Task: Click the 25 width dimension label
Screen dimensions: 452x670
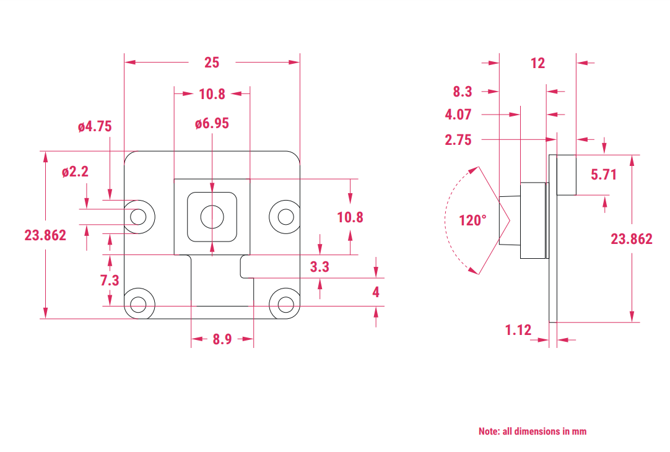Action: [x=212, y=63]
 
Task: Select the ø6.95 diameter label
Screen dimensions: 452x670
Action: [x=212, y=124]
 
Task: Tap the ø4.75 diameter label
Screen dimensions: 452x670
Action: [x=95, y=127]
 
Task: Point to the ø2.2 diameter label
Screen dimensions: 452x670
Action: [x=75, y=172]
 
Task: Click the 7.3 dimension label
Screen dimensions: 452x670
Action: [x=110, y=280]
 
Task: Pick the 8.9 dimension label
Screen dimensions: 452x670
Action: [x=222, y=339]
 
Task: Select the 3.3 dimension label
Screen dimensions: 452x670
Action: [x=320, y=267]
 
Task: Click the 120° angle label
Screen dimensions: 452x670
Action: [x=472, y=220]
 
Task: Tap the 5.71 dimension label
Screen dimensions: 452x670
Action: [x=604, y=175]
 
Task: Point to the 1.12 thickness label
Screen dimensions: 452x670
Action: [x=518, y=330]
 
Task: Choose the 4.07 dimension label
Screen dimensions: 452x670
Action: [x=458, y=115]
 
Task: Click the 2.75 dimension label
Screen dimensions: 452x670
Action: [x=458, y=140]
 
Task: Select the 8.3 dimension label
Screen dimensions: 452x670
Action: [x=463, y=92]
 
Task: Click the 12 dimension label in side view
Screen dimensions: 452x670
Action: [x=537, y=63]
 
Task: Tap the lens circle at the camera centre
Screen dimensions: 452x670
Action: [x=212, y=216]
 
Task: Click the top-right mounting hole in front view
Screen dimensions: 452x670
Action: [x=285, y=216]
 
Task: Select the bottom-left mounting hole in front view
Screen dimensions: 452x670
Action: [x=139, y=304]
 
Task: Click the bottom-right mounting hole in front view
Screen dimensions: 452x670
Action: [x=285, y=304]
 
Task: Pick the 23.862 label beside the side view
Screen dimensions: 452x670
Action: [x=632, y=239]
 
